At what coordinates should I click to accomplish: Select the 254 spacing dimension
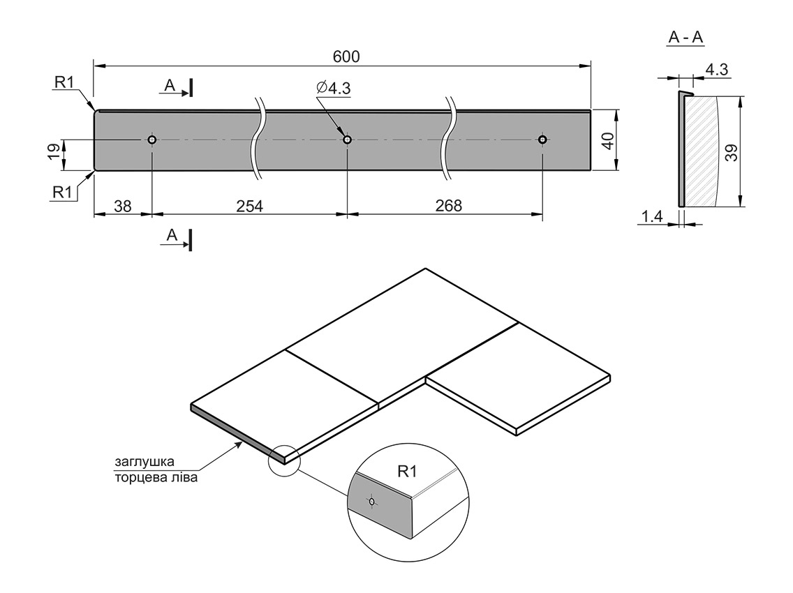pyautogui.click(x=249, y=206)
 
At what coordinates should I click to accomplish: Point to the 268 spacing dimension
pyautogui.click(x=448, y=206)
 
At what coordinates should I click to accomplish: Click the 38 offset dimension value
pyautogui.click(x=122, y=206)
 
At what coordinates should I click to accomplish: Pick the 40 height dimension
pyautogui.click(x=607, y=140)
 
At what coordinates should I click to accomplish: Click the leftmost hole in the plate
pyautogui.click(x=151, y=140)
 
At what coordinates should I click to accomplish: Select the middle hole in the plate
pyautogui.click(x=347, y=140)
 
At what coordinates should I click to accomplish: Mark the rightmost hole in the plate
pyautogui.click(x=542, y=140)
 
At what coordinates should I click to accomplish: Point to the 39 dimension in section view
pyautogui.click(x=730, y=152)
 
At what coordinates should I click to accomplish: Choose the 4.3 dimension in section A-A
pyautogui.click(x=716, y=70)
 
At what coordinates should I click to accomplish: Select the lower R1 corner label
pyautogui.click(x=64, y=192)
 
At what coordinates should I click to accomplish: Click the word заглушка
pyautogui.click(x=144, y=462)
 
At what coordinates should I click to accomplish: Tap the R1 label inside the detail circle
pyautogui.click(x=407, y=472)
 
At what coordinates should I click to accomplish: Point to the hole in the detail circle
pyautogui.click(x=372, y=501)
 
